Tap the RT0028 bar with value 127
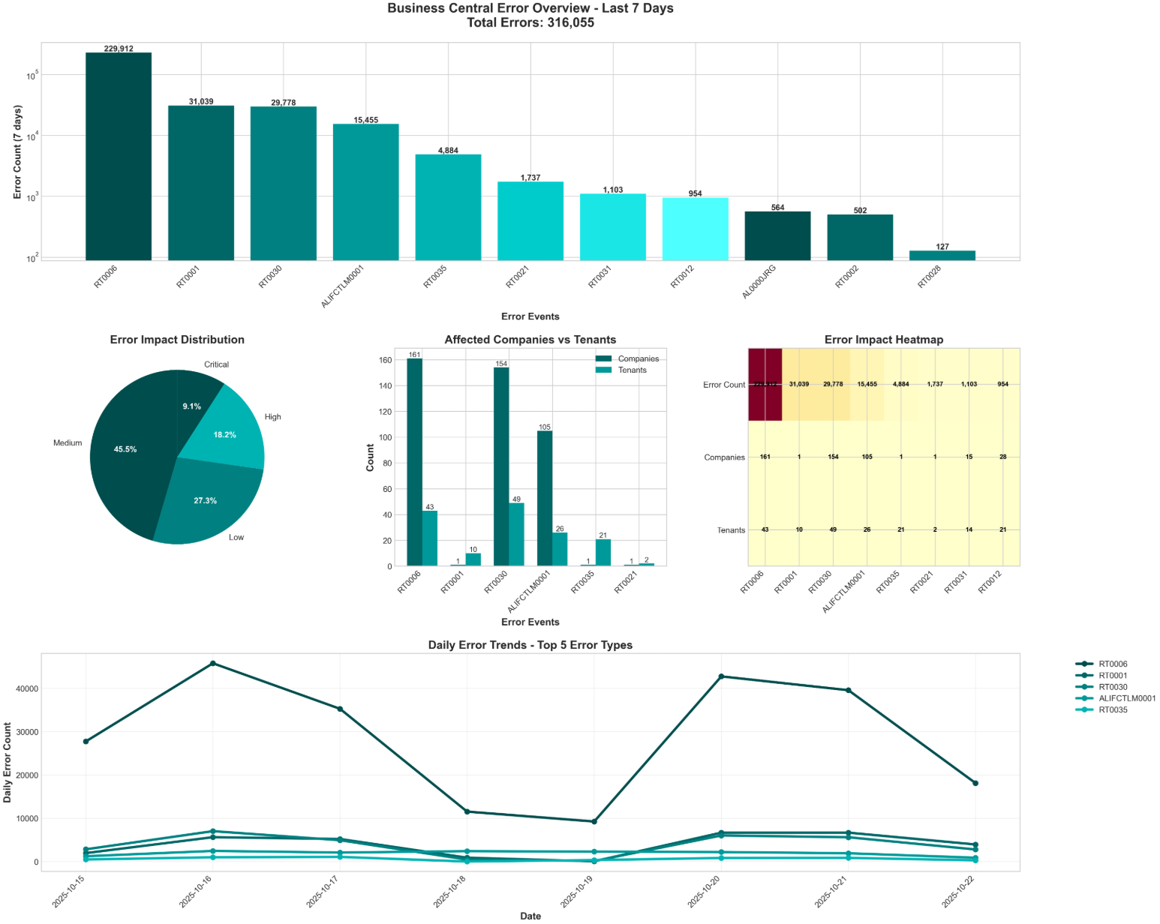[x=942, y=255]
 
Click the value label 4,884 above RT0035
[x=448, y=151]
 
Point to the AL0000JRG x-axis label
[x=760, y=282]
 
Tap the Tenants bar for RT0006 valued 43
[x=430, y=538]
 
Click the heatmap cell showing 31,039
[x=799, y=384]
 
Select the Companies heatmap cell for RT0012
[x=1003, y=457]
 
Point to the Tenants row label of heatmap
[x=731, y=530]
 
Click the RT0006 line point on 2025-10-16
[x=213, y=663]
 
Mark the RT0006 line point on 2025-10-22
[x=975, y=783]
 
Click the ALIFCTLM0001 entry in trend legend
[x=1126, y=698]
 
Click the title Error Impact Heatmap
[x=883, y=340]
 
